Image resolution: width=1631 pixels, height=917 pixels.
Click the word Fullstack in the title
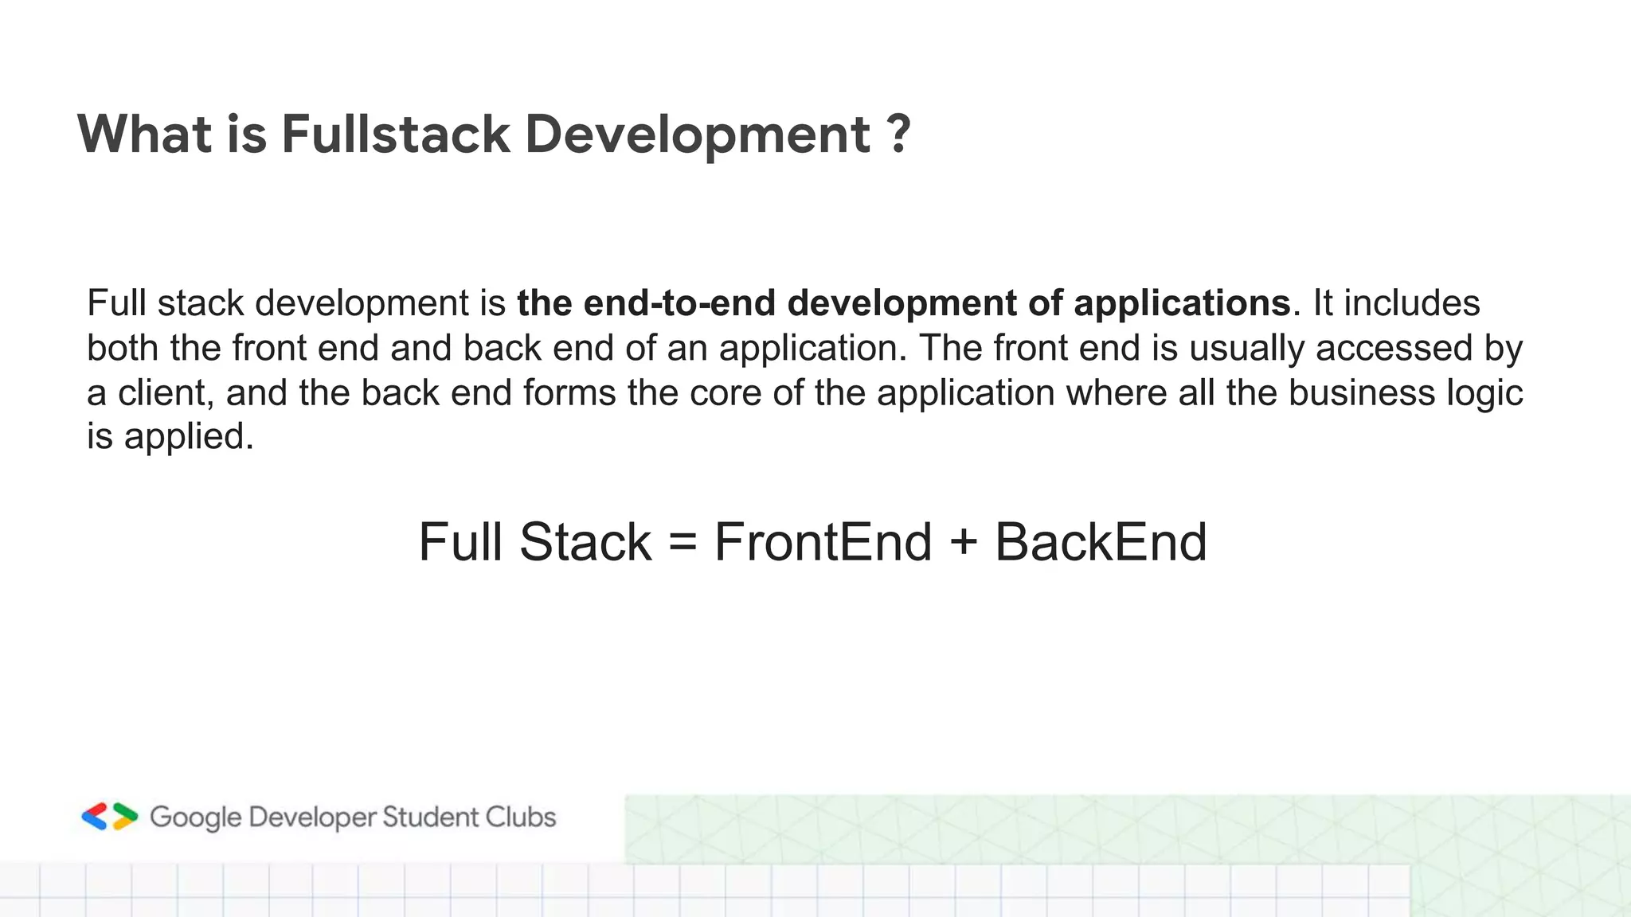click(395, 134)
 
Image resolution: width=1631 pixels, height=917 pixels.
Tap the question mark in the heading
click(898, 134)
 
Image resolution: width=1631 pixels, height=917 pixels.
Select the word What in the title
click(144, 134)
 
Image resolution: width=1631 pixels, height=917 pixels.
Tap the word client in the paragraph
click(165, 393)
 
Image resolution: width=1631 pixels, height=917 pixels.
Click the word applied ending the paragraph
click(188, 438)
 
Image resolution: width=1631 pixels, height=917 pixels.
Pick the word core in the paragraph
click(725, 393)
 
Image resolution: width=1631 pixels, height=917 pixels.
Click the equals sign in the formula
click(683, 543)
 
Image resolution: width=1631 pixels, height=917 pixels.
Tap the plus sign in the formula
click(963, 543)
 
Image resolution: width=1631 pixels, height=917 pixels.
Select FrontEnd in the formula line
click(823, 543)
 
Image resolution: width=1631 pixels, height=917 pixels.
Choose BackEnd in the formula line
click(1101, 543)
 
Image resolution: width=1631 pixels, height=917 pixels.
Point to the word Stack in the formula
click(585, 543)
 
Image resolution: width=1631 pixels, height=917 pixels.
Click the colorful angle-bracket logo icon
click(110, 817)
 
